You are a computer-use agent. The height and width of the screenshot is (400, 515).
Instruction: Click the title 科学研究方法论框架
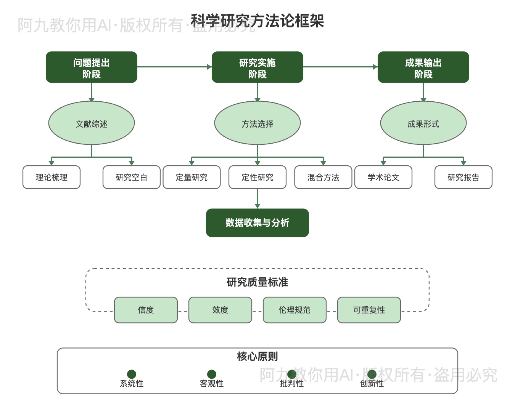click(257, 21)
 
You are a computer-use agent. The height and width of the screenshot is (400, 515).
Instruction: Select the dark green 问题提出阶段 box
click(92, 67)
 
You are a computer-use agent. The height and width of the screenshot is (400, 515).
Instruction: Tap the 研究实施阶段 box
click(257, 67)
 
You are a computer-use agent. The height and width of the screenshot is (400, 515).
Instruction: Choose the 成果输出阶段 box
click(423, 67)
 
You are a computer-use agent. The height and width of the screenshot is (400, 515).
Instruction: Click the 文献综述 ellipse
click(92, 123)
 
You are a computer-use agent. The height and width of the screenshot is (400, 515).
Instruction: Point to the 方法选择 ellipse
click(257, 123)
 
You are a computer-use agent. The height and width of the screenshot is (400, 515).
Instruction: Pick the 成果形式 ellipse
click(423, 123)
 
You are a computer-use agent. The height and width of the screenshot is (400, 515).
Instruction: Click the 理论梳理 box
click(51, 177)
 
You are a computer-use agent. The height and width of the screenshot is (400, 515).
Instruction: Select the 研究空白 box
click(131, 177)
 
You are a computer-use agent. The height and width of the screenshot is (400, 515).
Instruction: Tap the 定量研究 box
click(192, 177)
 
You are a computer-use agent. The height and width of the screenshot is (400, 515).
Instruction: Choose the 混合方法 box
click(323, 177)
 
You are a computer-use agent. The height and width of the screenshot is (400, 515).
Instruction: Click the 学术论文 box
click(383, 177)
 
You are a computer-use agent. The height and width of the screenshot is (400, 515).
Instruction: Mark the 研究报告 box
click(463, 177)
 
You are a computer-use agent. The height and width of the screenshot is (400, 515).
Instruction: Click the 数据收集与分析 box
click(257, 223)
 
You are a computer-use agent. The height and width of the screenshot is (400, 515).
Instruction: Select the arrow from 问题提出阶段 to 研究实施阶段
click(174, 67)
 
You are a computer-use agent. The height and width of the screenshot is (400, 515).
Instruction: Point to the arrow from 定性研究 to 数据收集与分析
click(257, 198)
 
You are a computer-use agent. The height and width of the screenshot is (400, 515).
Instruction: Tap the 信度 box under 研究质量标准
click(146, 310)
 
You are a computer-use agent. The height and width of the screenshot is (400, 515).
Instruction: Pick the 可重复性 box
click(369, 310)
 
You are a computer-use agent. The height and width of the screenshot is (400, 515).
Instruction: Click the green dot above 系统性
click(132, 374)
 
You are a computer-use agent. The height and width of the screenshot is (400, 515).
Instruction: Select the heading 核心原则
click(257, 357)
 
